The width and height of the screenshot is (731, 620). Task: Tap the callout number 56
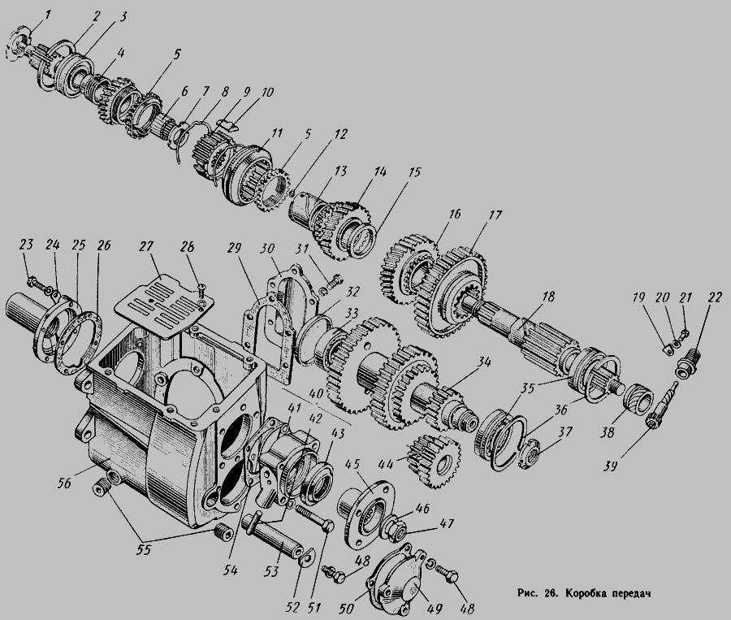pos(64,483)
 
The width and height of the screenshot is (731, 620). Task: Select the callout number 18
pos(549,297)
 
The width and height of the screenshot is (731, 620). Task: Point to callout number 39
pos(612,466)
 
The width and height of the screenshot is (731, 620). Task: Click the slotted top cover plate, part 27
pos(162,304)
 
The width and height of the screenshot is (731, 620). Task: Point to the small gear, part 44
pos(434,461)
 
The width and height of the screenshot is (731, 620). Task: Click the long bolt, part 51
pos(314,518)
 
